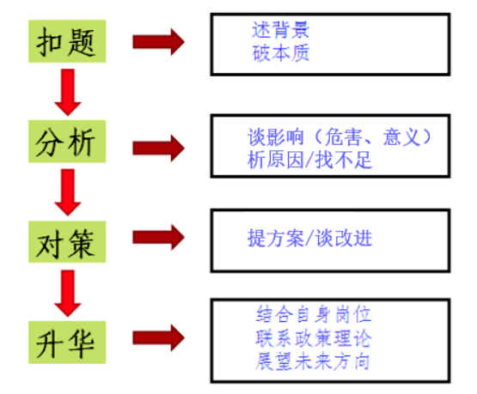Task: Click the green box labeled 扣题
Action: tap(67, 41)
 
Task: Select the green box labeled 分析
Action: tap(67, 142)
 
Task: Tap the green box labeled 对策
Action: tap(67, 242)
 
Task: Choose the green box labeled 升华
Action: tap(67, 342)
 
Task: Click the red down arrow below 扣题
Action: tap(68, 92)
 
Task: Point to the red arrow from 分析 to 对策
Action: tap(68, 192)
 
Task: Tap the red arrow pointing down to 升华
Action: tap(68, 294)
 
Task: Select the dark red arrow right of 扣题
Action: tap(158, 42)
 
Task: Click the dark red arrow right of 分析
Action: tap(158, 149)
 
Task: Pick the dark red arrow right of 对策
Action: tap(158, 237)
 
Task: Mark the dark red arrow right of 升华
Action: tap(158, 338)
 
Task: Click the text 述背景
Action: tap(280, 30)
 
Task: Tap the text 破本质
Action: tap(280, 53)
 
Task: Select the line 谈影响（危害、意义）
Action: tap(339, 136)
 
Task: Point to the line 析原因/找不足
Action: tap(309, 160)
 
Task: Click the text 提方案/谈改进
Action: tap(309, 238)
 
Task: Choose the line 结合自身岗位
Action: tap(314, 314)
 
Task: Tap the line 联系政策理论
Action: tap(314, 338)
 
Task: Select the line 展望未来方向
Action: tap(313, 361)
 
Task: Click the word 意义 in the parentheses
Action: tap(401, 136)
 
